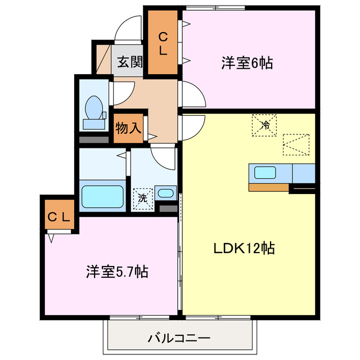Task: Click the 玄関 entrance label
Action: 129,62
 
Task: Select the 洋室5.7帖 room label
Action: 117,272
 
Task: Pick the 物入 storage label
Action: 128,127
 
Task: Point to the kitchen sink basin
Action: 264,172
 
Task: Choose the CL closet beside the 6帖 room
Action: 162,44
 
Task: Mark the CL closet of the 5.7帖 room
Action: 58,217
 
